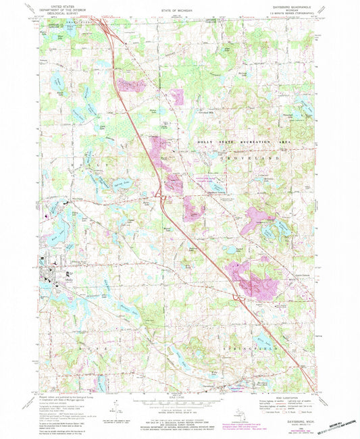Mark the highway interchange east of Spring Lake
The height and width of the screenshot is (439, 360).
click(161, 197)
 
